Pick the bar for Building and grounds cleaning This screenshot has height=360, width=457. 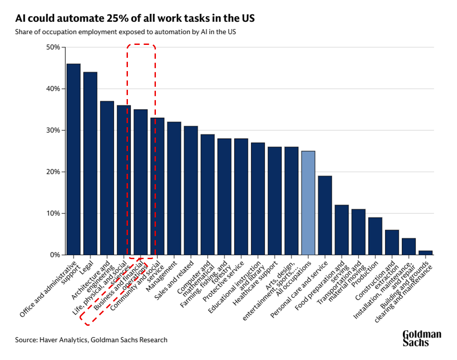pos(425,253)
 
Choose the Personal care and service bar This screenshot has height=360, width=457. pos(325,215)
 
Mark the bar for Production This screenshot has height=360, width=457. pos(375,236)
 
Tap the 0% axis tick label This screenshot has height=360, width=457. pos(54,255)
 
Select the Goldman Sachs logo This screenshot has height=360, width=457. pos(422,338)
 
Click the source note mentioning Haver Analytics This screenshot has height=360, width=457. pos(91,340)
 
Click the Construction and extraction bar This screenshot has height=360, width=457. pos(392,242)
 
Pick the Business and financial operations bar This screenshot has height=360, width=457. pos(140,182)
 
